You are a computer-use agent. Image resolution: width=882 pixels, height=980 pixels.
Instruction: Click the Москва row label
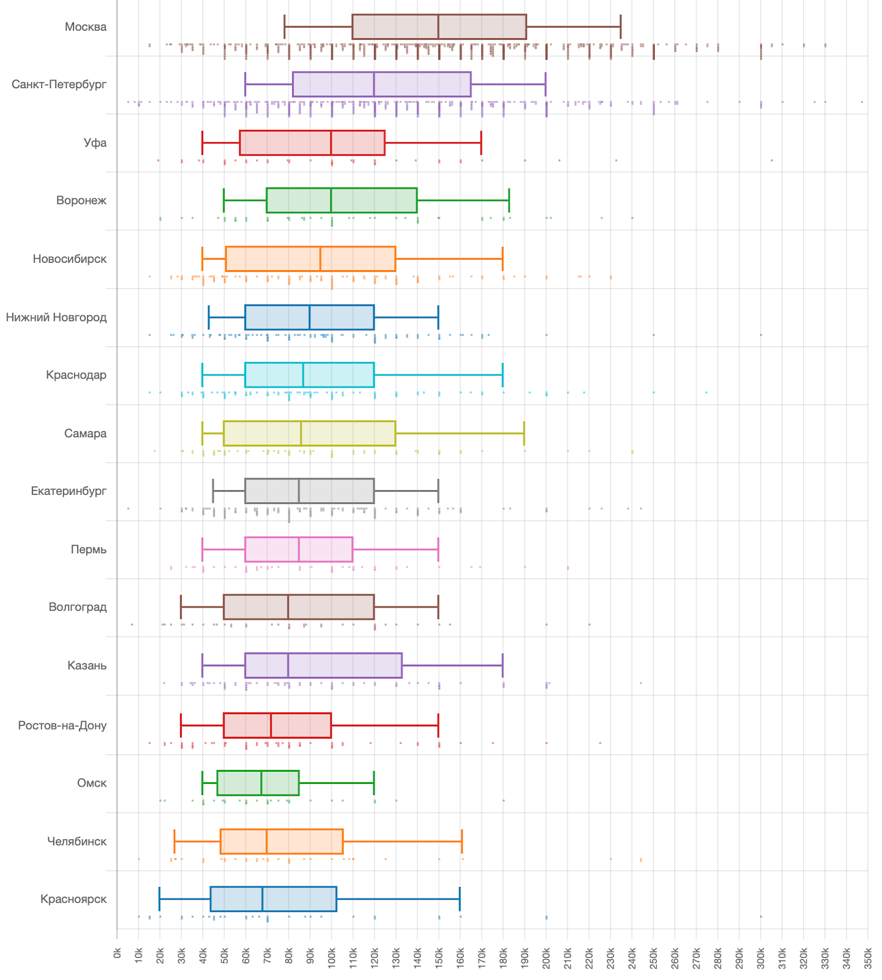point(86,27)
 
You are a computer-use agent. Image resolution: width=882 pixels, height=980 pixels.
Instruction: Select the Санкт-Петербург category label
point(59,85)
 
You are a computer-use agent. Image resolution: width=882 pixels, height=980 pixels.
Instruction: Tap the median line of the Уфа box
point(331,143)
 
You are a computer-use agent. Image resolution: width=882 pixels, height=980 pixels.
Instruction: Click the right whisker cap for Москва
point(621,27)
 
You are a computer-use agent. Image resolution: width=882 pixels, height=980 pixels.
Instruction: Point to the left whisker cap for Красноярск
point(160,899)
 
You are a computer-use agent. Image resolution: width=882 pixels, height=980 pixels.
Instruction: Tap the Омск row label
point(92,783)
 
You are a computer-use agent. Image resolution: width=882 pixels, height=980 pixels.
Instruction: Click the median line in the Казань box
point(288,666)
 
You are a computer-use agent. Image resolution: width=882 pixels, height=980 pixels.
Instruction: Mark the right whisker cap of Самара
point(524,434)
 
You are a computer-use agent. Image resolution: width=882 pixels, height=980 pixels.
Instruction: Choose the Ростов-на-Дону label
point(62,726)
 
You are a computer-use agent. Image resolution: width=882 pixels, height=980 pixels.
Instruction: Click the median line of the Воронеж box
point(331,201)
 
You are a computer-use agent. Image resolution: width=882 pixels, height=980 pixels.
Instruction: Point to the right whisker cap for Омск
point(374,783)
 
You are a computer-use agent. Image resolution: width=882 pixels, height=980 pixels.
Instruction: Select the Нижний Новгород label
point(56,317)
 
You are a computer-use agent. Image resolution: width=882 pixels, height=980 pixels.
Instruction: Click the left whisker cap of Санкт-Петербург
point(245,85)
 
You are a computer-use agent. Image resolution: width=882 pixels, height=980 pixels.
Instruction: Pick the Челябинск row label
point(77,842)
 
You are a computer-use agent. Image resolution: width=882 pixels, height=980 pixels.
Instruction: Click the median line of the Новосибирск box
point(321,259)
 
